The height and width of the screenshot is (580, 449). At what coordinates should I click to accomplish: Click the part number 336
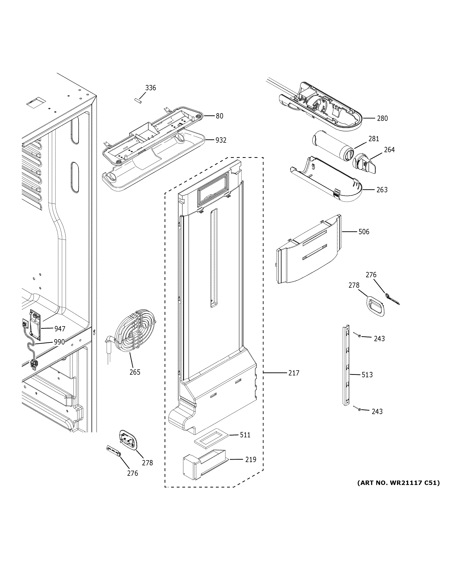pos(150,88)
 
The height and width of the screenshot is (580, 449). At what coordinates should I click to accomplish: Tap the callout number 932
pos(221,140)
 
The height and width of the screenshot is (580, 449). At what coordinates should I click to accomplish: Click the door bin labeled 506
pos(308,250)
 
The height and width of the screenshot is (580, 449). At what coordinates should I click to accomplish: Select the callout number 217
pos(294,373)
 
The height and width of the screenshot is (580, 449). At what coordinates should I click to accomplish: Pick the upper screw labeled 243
pos(359,336)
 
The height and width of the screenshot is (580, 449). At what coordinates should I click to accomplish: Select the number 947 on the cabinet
pos(60,329)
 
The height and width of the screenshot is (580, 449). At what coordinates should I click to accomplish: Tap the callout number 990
pos(59,342)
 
